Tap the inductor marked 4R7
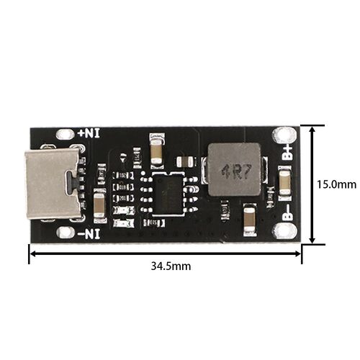pyautogui.click(x=235, y=169)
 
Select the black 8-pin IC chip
pyautogui.click(x=168, y=193)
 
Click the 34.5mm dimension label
pyautogui.click(x=171, y=266)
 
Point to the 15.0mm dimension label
pyautogui.click(x=336, y=184)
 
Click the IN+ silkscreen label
pyautogui.click(x=89, y=133)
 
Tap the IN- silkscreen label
pyautogui.click(x=89, y=234)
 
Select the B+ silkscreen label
pyautogui.click(x=288, y=152)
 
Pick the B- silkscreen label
pyautogui.click(x=288, y=213)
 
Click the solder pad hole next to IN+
pyautogui.click(x=65, y=134)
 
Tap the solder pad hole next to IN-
pyautogui.click(x=65, y=233)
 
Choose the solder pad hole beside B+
pyautogui.click(x=284, y=135)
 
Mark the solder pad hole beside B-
pyautogui.click(x=284, y=231)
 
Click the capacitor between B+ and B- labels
pyautogui.click(x=285, y=183)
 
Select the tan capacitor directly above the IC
pyautogui.click(x=157, y=151)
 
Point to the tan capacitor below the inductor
pyautogui.click(x=250, y=220)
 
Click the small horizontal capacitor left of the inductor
pyautogui.click(x=185, y=161)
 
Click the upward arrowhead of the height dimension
pyautogui.click(x=312, y=130)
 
